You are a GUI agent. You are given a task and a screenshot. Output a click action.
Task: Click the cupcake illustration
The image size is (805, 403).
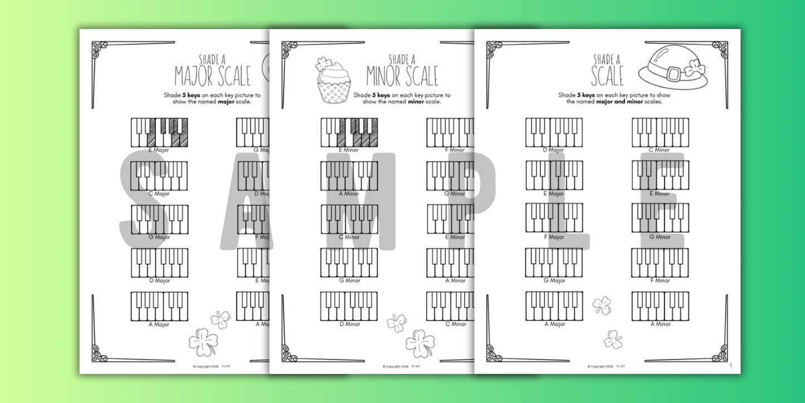333,80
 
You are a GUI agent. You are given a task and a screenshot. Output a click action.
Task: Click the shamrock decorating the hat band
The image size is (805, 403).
692,69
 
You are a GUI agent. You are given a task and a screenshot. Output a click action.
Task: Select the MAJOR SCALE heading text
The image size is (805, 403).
212,76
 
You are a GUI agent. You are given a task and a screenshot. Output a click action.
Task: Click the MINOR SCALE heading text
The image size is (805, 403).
402,76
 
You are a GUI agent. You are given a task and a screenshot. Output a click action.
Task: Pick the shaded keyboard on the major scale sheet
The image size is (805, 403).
159,132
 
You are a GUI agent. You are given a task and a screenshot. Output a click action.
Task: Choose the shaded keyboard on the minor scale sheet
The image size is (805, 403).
349,132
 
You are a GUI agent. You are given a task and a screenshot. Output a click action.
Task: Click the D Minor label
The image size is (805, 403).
349,324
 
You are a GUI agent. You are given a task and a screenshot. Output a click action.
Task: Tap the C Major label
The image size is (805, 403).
159,194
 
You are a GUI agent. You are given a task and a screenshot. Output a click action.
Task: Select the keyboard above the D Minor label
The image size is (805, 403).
349,306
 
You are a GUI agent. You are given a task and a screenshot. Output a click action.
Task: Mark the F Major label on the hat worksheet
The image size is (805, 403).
554,237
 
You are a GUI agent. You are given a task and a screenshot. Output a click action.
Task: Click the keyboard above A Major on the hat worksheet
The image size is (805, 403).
554,306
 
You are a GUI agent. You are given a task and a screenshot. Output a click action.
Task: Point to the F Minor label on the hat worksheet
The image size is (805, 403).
660,281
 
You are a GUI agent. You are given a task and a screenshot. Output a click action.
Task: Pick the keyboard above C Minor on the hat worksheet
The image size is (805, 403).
660,132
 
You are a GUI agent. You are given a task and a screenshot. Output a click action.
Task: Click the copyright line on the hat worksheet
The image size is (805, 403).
606,366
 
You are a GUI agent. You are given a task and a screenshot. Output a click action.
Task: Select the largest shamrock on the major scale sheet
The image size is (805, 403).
203,341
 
